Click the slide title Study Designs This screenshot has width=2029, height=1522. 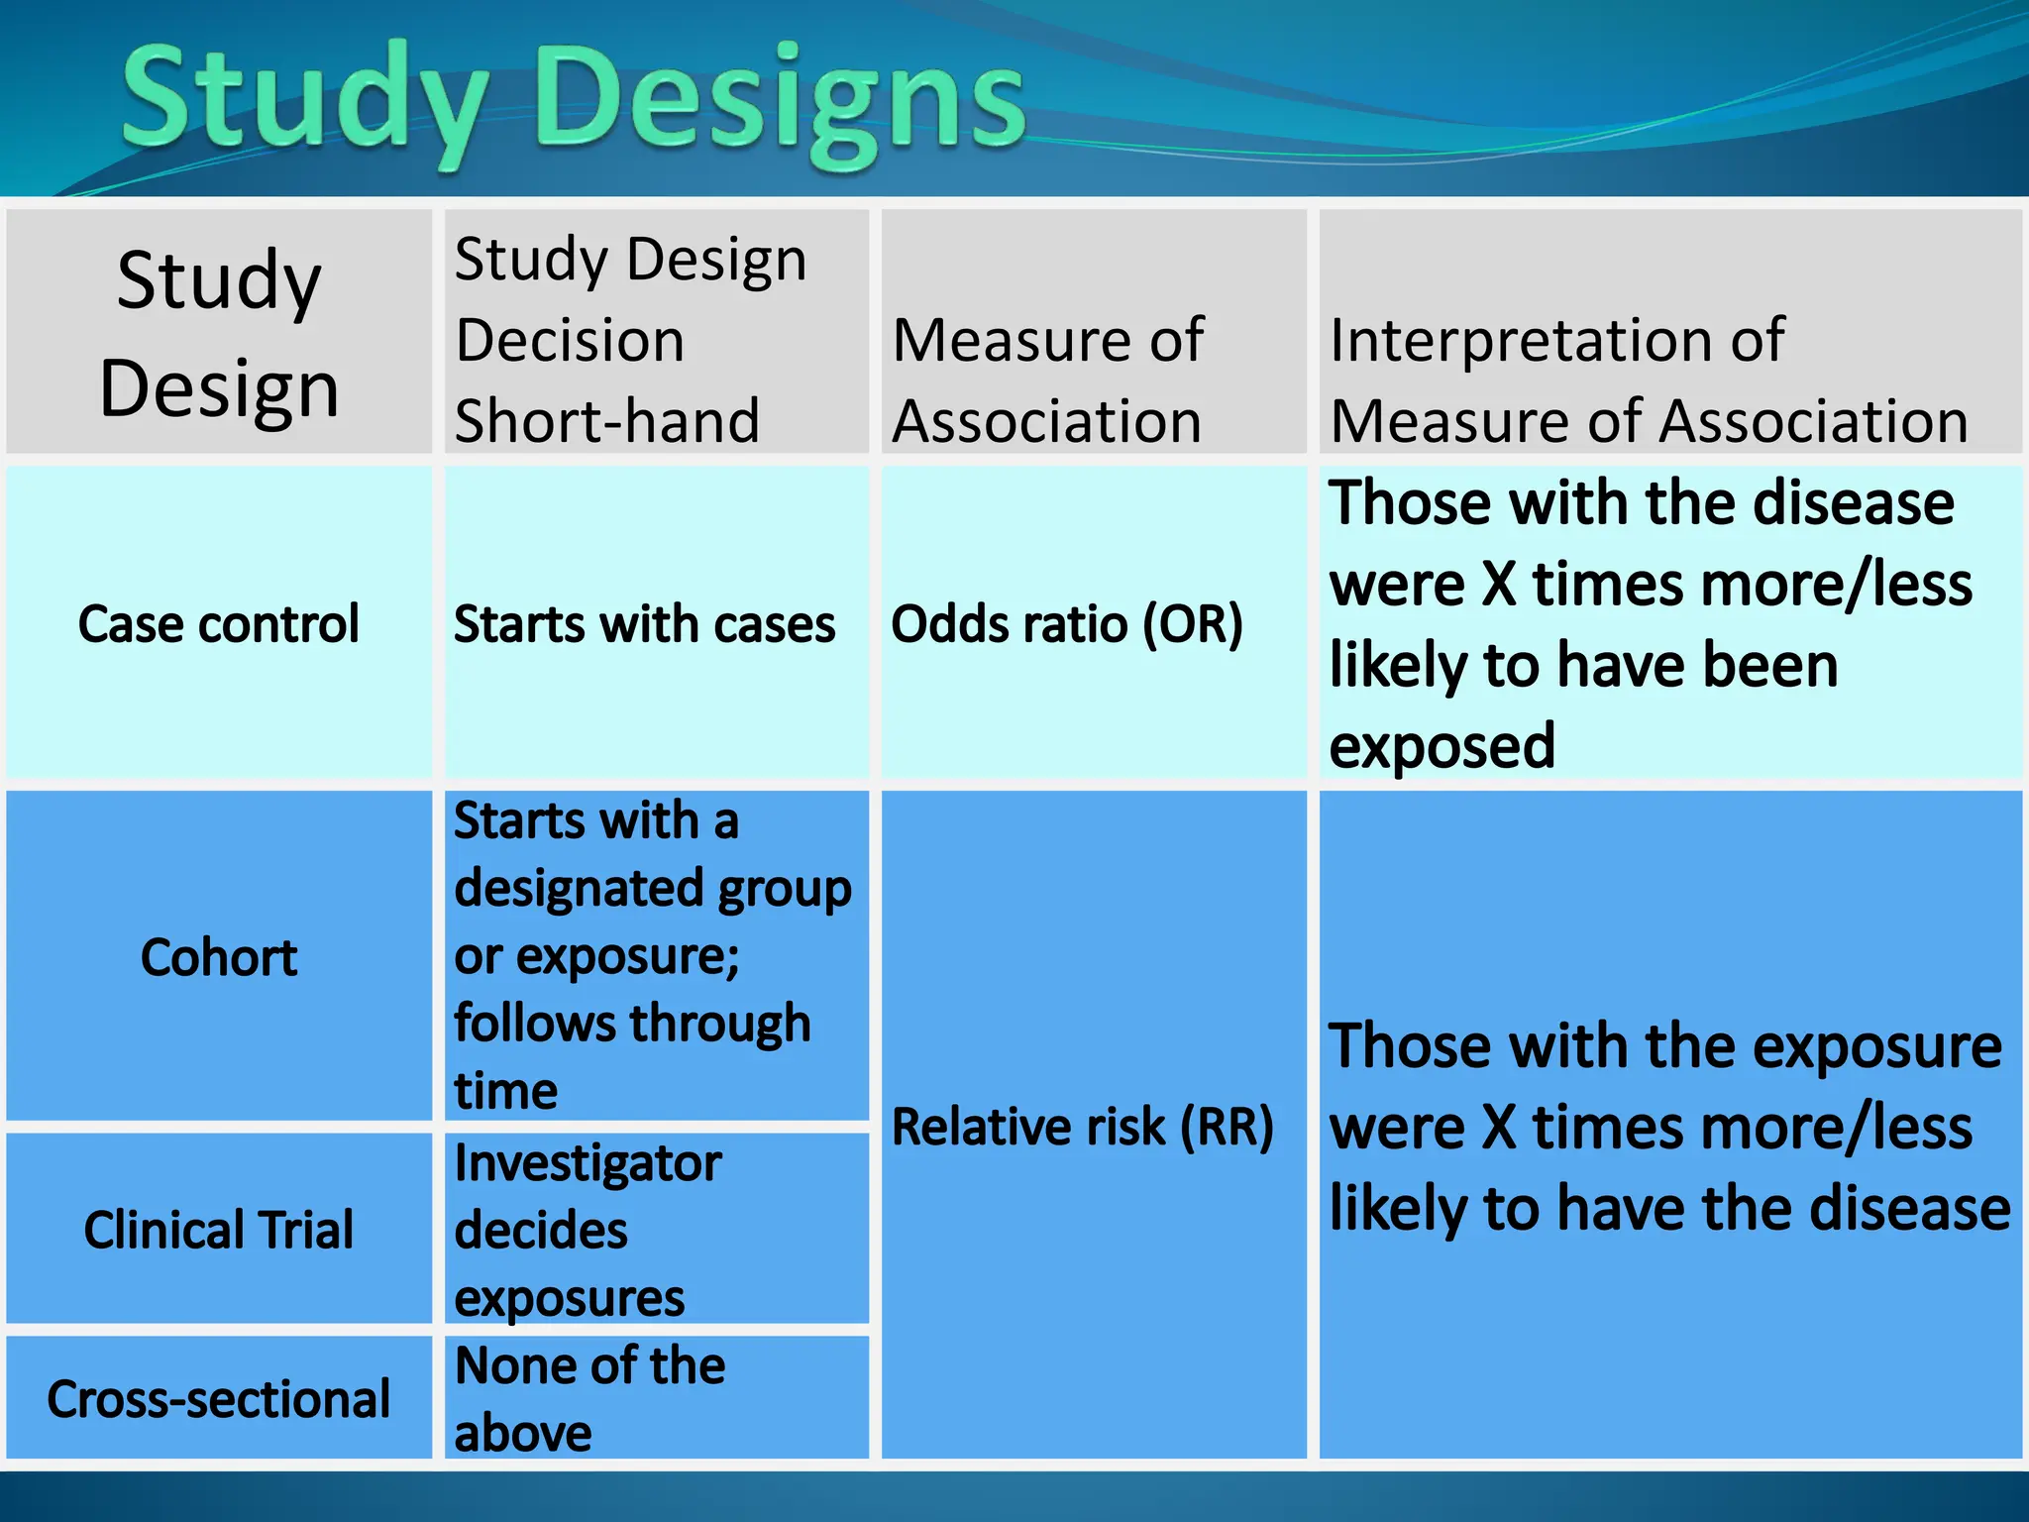point(573,99)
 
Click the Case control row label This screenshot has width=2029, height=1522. point(219,624)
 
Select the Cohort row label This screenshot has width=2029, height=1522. point(219,957)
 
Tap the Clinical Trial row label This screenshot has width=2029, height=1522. point(219,1230)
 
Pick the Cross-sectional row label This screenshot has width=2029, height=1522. point(219,1399)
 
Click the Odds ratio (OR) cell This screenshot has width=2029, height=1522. point(1066,624)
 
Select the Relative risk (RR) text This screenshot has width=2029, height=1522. point(1082,1127)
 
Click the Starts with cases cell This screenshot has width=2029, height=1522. point(644,624)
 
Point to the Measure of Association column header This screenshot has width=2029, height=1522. point(1047,380)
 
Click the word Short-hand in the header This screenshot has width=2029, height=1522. point(606,420)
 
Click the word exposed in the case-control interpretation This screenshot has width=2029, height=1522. point(1442,746)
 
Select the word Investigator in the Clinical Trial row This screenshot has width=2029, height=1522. point(587,1163)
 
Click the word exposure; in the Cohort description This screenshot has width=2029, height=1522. point(627,957)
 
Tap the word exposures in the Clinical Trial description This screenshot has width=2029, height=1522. point(570,1298)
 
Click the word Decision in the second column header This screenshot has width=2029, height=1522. point(570,340)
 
